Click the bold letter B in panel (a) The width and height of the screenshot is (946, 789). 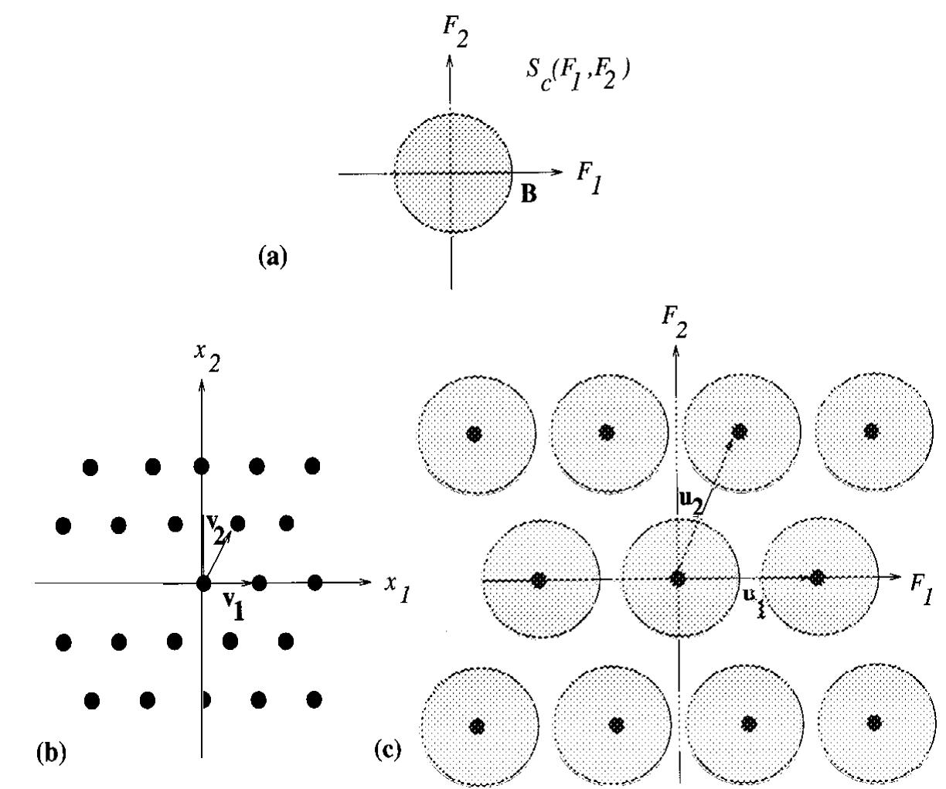pos(529,195)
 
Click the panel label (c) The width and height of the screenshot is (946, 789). pos(387,749)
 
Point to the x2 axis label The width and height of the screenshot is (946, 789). pos(206,358)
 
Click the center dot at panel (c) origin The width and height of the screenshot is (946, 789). pos(678,578)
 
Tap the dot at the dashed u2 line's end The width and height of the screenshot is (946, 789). pos(740,430)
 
